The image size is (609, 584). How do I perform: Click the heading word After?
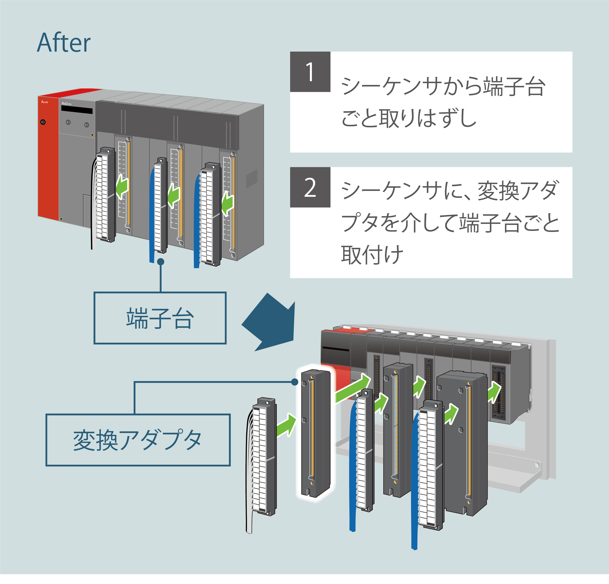(64, 43)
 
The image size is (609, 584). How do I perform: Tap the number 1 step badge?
(310, 72)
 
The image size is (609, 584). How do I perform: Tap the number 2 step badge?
(310, 187)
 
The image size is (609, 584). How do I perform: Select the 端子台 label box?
(160, 318)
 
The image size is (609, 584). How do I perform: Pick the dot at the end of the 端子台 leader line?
(161, 262)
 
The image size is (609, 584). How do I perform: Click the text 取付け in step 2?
(372, 254)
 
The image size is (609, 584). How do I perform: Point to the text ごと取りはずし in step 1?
(409, 118)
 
